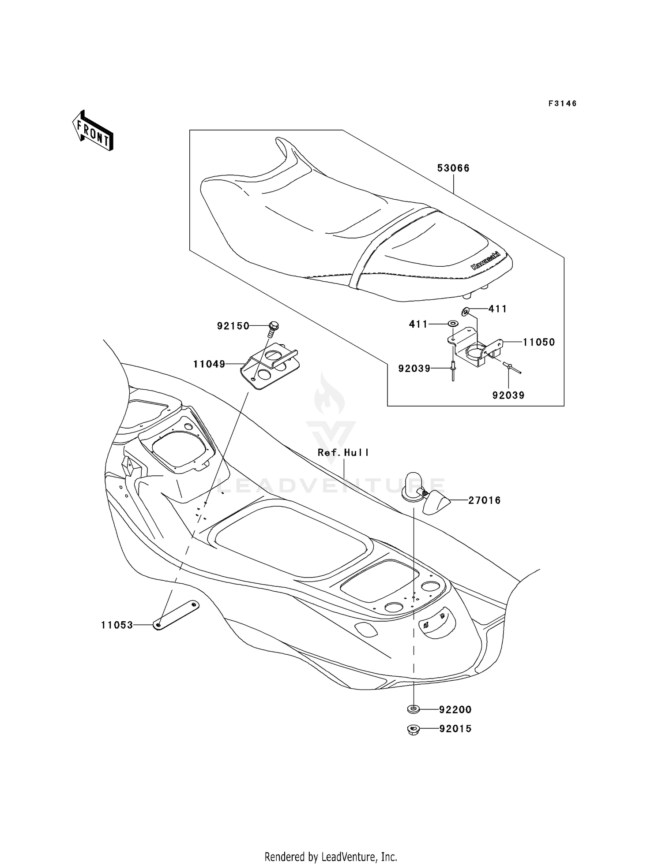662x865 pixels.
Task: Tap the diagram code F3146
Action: tap(563, 104)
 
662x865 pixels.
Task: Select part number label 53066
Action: tap(453, 168)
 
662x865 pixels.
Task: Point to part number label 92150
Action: tap(233, 326)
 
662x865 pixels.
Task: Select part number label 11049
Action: tap(209, 364)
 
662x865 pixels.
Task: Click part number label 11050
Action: tap(539, 342)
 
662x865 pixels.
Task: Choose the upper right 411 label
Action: tap(497, 309)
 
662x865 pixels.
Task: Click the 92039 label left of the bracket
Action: tap(414, 369)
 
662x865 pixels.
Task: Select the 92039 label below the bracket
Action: tap(508, 395)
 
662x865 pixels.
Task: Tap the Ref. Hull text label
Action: tap(343, 452)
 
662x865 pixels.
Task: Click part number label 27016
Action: tap(485, 500)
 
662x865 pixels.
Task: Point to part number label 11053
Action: tap(117, 625)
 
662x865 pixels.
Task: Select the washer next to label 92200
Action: tap(414, 709)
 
